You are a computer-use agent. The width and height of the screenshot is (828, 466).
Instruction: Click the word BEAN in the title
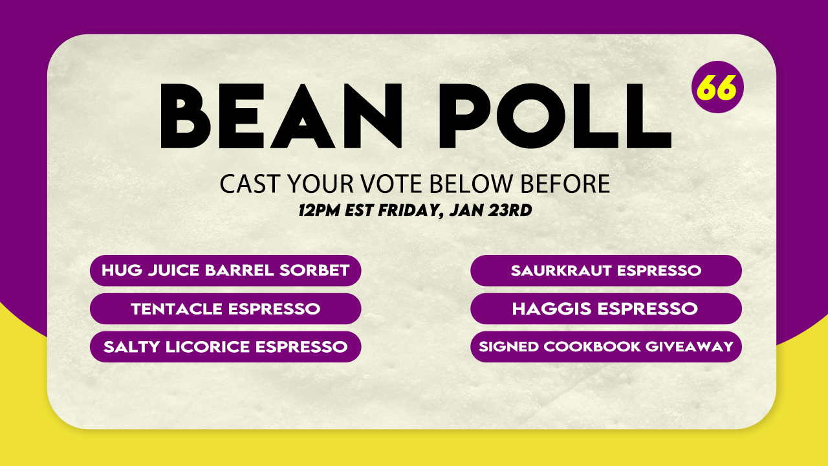281,116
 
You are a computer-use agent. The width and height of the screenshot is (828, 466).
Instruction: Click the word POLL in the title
555,116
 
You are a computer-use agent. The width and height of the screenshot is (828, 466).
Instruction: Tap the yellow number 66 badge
717,87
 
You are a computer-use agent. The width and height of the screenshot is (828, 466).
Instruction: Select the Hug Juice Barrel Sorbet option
226,271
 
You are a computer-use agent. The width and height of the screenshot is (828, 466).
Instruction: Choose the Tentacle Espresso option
226,309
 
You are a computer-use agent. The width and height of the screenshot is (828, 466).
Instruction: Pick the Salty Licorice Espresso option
226,347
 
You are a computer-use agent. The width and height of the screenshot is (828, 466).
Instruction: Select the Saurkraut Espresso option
606,271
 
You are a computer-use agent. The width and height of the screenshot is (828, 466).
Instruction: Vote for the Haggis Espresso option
606,309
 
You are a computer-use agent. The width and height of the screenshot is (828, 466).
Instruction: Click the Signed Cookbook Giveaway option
606,347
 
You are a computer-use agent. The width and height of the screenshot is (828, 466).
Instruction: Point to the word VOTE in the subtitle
392,183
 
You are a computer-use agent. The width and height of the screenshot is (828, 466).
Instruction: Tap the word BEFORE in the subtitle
565,183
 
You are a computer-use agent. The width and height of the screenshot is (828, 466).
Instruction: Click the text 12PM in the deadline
319,210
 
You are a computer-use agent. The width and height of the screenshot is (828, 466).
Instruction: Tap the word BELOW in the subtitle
472,183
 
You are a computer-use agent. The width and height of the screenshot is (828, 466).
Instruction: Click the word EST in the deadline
359,210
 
